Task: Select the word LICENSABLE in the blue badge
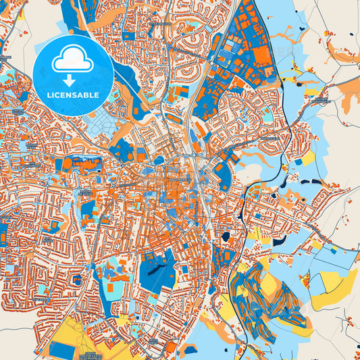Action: [x=73, y=95]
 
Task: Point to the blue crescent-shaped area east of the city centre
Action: [x=224, y=175]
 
